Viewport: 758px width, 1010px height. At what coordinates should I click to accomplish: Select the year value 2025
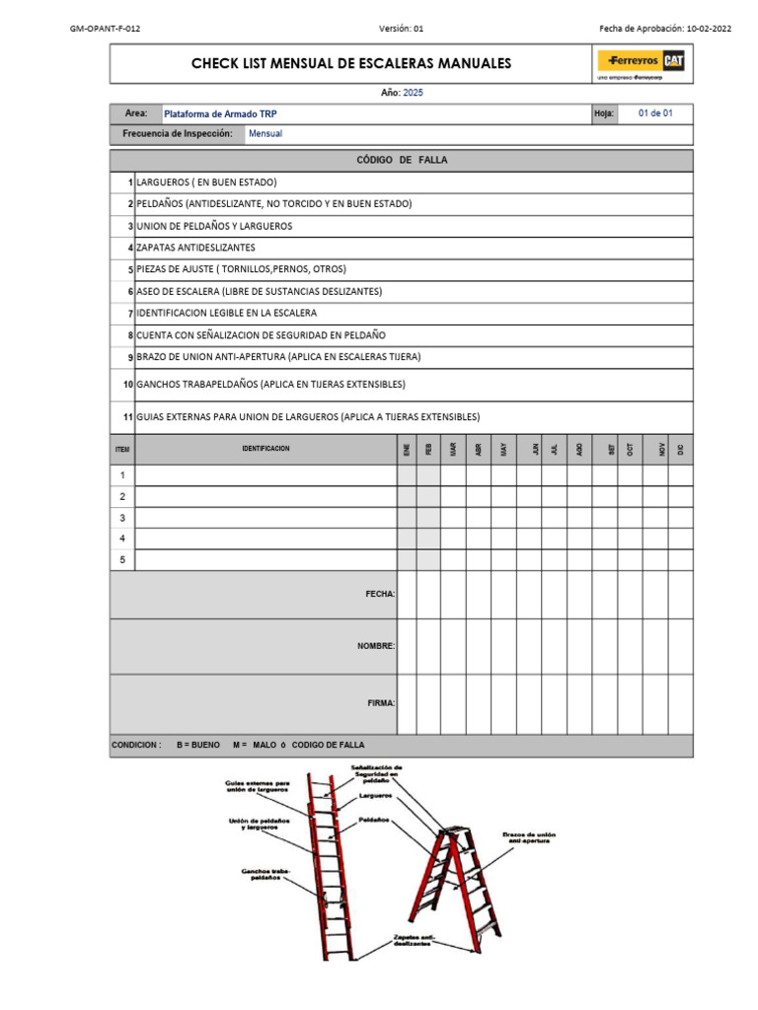(x=413, y=92)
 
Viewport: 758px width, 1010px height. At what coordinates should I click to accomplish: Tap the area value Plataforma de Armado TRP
(x=220, y=114)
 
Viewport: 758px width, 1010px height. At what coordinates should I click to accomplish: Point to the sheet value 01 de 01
(x=655, y=113)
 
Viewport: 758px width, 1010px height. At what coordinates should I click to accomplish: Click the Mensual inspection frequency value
(x=265, y=134)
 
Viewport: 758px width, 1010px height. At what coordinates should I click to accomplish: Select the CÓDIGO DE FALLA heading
(x=401, y=161)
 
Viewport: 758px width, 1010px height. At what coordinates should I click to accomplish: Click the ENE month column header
(x=406, y=449)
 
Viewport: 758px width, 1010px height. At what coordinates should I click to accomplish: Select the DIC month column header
(x=680, y=449)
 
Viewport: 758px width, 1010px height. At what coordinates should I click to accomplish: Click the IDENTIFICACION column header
(x=265, y=449)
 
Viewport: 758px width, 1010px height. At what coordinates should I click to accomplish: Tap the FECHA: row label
(x=380, y=594)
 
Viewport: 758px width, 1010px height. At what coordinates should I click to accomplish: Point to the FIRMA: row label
(x=380, y=703)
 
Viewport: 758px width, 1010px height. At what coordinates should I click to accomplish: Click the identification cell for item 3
(x=265, y=518)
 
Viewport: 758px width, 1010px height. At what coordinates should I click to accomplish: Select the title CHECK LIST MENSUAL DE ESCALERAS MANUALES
(x=351, y=64)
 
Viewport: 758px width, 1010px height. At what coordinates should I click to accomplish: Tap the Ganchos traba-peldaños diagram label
(x=265, y=875)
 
